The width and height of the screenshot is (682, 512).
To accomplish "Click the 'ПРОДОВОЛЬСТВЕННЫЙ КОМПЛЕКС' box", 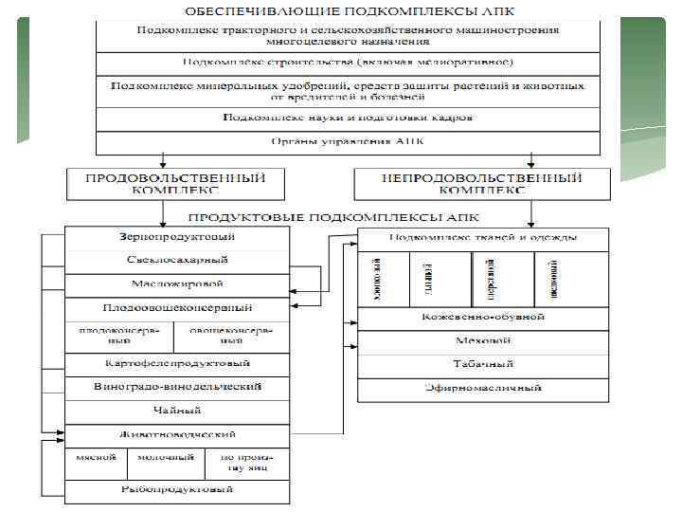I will [x=175, y=183].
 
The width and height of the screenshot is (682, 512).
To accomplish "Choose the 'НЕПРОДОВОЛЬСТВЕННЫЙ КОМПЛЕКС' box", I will [x=480, y=183].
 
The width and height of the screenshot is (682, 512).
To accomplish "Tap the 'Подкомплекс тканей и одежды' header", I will [x=483, y=238].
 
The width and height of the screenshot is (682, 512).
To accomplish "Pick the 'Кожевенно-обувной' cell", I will [x=483, y=318].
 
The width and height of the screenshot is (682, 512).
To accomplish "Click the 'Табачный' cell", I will [x=483, y=364].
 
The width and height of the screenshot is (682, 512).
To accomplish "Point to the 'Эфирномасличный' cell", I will [x=483, y=389].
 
